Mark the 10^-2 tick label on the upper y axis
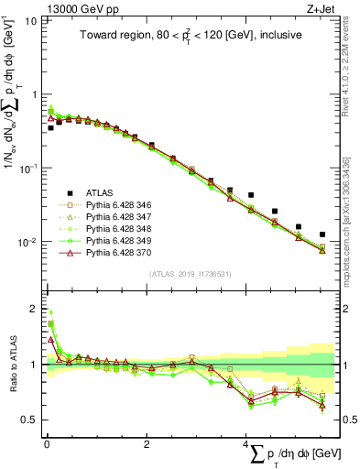(26, 243)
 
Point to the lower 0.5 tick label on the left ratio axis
(29, 420)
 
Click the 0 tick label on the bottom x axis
(46, 444)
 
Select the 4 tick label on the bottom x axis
(245, 444)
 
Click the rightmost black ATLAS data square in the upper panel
(321, 234)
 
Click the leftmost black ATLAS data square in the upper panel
(50, 128)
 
